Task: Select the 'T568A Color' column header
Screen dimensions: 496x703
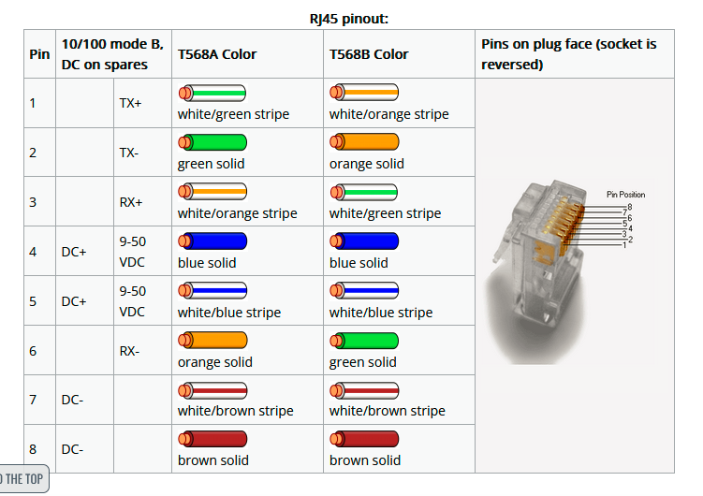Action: (217, 54)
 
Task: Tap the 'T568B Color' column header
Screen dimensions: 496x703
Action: (369, 54)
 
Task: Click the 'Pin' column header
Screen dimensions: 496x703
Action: (39, 54)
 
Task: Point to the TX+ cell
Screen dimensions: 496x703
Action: (131, 103)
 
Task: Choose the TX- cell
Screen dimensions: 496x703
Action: (129, 153)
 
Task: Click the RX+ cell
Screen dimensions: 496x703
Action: (131, 201)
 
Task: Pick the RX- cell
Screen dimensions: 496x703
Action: (129, 351)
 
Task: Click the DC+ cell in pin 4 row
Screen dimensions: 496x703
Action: (74, 252)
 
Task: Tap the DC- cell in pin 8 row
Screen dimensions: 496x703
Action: (73, 449)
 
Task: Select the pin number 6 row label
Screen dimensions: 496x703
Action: (34, 351)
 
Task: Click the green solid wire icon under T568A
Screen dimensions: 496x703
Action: (212, 142)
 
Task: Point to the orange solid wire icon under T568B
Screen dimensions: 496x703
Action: (364, 142)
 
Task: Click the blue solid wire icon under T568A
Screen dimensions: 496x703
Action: (212, 241)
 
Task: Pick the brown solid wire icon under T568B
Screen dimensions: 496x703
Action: (364, 439)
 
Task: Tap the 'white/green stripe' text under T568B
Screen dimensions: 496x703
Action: (385, 213)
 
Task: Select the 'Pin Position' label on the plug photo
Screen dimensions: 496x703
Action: (625, 195)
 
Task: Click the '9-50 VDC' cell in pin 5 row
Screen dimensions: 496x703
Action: (132, 301)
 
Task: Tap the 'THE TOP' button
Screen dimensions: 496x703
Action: (22, 479)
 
